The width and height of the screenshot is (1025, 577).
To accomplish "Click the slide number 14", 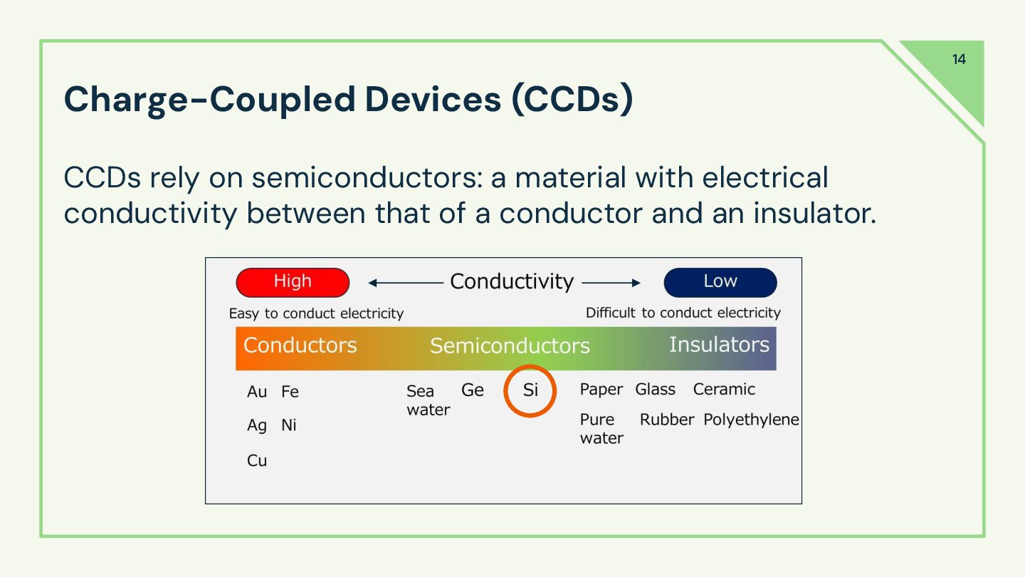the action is pos(959,59).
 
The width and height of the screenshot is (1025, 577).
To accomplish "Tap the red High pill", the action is pos(293,282).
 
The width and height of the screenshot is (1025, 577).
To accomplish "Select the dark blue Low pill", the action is pos(720,282).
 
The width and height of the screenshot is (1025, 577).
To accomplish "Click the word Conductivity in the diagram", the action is pos(511,282).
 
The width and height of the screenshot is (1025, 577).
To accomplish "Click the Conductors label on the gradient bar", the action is pos(300,345).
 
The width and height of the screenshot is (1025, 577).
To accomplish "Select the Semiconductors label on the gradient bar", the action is pos(510,346).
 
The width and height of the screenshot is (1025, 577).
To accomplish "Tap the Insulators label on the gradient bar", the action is pos(719,345).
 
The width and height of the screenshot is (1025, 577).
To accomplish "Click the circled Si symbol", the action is pos(530,390).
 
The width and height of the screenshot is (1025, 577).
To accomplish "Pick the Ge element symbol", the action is pos(473,390).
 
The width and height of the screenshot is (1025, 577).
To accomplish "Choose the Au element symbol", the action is pos(257,392).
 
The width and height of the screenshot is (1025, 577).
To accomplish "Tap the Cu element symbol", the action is pos(257,461).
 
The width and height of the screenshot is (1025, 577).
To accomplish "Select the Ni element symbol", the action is pos(289,425).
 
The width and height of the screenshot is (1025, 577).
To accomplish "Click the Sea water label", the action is pos(428,400).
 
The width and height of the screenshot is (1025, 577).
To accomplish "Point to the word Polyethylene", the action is pos(751,420).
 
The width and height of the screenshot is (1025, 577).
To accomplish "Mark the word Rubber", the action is pos(666,420).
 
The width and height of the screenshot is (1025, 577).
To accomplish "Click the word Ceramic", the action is pos(724,390).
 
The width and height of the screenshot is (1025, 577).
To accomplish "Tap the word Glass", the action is pos(655,390).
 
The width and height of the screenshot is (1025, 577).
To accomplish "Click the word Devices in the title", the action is pos(433,100).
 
